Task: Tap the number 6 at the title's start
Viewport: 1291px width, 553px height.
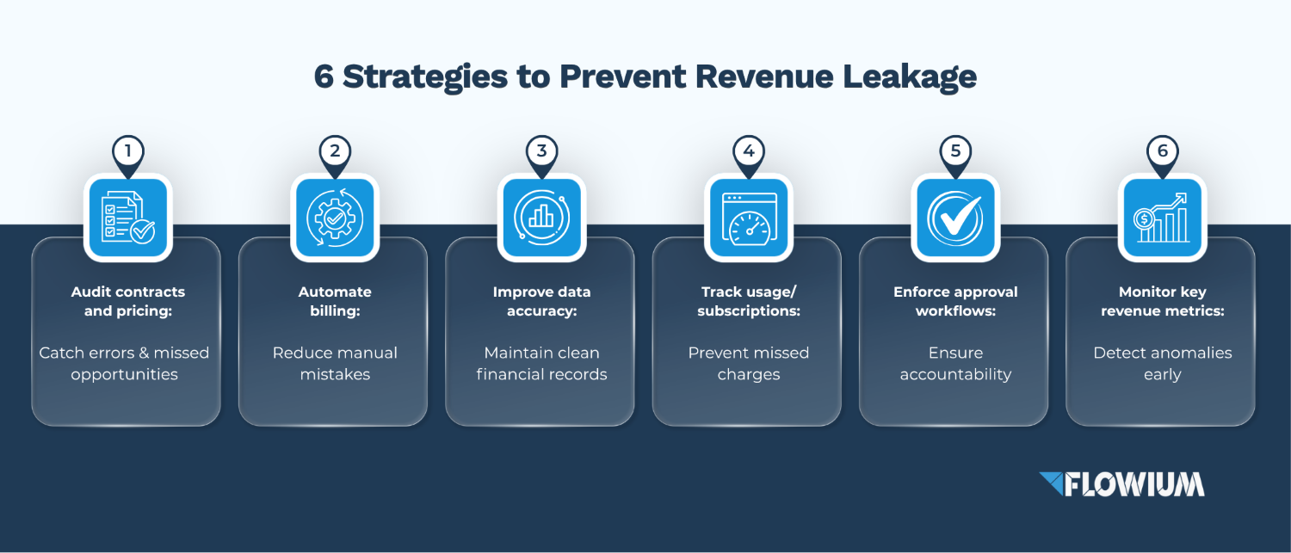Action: (324, 76)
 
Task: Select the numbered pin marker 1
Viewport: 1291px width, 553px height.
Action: (128, 156)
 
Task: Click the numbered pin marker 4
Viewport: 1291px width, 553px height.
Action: (749, 156)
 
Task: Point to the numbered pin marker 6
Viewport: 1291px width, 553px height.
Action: (1163, 156)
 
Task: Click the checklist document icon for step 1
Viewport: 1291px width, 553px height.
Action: (128, 218)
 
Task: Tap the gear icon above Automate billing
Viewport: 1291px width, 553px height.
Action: (335, 218)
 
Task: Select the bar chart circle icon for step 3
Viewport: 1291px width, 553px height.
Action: (541, 218)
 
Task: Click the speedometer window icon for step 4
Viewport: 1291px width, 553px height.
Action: (749, 218)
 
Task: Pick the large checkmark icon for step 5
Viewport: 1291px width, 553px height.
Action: (955, 218)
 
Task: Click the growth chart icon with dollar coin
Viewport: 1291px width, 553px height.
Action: (1163, 218)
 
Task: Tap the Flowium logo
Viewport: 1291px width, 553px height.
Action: (1121, 484)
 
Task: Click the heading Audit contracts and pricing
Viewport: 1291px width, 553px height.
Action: (128, 301)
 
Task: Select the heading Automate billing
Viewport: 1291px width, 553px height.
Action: (335, 301)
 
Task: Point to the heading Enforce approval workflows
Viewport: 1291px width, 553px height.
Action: (955, 301)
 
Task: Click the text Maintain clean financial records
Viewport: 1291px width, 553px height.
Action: (541, 364)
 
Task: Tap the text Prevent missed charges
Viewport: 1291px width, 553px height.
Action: (749, 364)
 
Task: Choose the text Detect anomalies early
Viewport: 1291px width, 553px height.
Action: (1163, 364)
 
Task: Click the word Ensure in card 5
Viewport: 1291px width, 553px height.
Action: (955, 353)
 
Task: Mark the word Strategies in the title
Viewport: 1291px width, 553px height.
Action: (425, 77)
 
